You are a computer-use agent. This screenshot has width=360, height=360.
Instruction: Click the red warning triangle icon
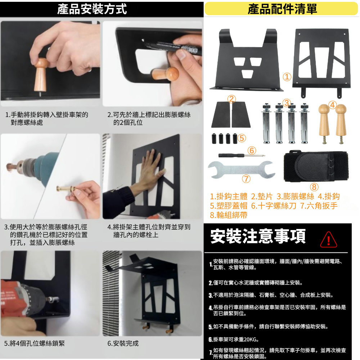tap(328, 240)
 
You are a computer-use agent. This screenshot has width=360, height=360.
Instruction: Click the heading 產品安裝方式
tap(92, 9)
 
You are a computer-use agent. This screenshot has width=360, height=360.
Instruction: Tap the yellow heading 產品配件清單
tap(282, 9)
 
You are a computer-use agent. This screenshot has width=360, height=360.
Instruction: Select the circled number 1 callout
tap(287, 77)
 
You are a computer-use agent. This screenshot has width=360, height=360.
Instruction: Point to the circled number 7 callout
tap(246, 179)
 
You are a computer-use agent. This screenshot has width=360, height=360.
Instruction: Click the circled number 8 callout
tap(314, 187)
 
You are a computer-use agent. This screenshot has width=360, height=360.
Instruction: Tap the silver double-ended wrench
tap(241, 170)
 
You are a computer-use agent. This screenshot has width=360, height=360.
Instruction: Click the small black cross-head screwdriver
tap(242, 156)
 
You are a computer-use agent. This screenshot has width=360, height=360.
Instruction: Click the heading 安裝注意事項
tap(258, 236)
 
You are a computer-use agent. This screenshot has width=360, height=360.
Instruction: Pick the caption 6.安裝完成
tap(123, 343)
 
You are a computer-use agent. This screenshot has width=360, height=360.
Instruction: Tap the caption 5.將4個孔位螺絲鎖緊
tap(35, 343)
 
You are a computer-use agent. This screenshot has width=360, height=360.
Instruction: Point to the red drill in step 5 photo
tap(25, 298)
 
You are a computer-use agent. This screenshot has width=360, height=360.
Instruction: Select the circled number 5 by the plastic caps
tap(242, 138)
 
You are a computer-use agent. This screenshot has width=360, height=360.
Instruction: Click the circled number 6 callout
tap(252, 150)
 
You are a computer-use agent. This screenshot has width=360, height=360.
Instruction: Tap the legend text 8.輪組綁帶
tap(229, 215)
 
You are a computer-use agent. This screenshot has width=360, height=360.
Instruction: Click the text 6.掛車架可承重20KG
tap(234, 339)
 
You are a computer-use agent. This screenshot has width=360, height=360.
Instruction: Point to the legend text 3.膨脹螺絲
tap(295, 197)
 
